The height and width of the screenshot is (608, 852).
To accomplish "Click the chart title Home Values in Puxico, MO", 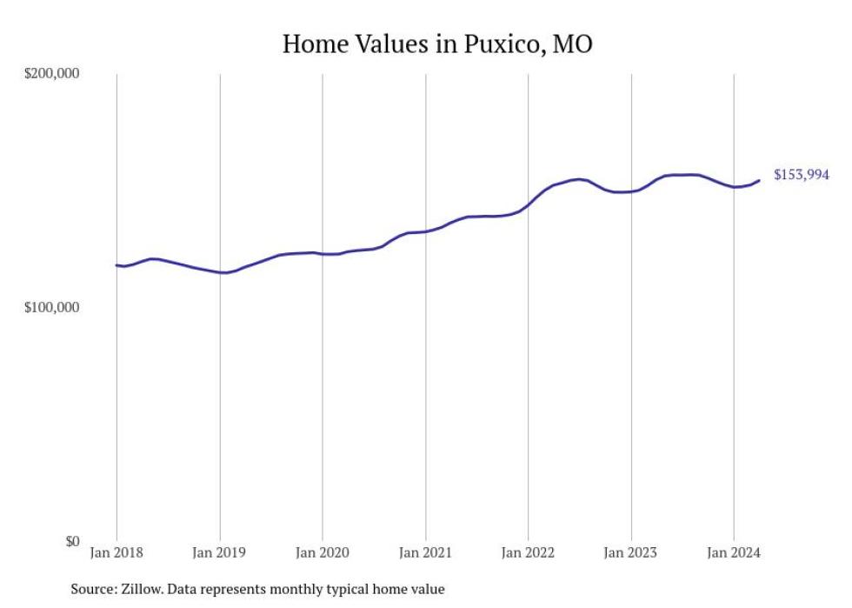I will click(437, 43).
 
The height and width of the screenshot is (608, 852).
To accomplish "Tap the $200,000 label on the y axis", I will click(50, 74).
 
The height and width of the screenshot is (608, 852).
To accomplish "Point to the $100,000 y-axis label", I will click(50, 308).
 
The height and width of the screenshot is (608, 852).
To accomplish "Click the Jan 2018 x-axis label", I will click(116, 552).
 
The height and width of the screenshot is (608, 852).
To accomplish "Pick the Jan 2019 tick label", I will click(220, 552).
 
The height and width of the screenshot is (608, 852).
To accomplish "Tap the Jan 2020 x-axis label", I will click(323, 552).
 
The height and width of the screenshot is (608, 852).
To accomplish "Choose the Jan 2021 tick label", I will click(425, 552).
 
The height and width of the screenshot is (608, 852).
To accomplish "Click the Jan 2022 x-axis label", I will click(528, 552).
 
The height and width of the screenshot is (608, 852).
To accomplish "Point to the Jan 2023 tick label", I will click(631, 552).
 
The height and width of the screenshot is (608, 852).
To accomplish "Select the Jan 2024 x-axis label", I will click(734, 552).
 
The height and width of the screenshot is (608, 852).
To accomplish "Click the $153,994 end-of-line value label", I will click(801, 175).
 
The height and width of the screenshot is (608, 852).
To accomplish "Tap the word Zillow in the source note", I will click(147, 589).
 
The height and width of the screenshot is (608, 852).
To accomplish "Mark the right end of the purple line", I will click(760, 180).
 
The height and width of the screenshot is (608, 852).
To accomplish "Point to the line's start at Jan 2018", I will click(116, 265).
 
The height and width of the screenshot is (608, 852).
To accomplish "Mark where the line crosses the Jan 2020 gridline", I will click(323, 254).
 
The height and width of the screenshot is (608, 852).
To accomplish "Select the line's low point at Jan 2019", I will click(223, 273).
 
